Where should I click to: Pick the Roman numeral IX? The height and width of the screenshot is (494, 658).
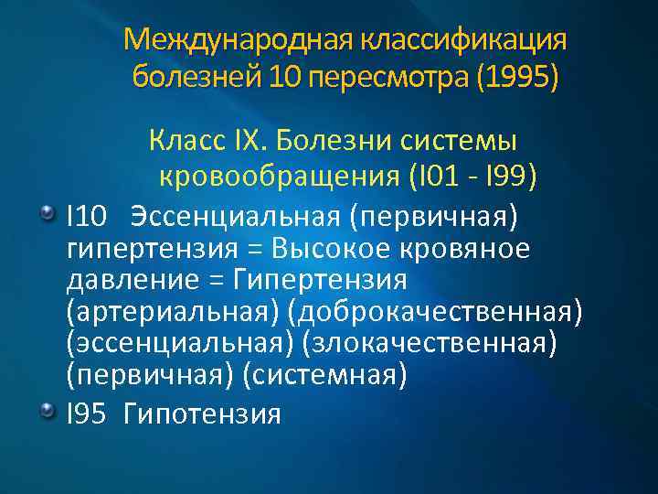[x=246, y=142]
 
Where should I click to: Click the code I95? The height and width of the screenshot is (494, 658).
[x=88, y=413]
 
